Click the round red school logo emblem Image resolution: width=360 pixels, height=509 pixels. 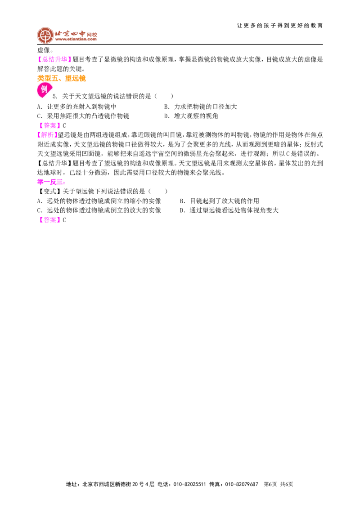coord(45,35)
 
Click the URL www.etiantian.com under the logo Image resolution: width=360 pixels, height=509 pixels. coord(76,39)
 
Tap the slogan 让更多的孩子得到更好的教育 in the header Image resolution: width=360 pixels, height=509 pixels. coord(280,26)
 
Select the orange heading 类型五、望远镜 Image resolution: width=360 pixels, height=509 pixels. coord(61,78)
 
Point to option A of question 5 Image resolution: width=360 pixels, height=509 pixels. coord(76,107)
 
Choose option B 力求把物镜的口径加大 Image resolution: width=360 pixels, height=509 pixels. coord(200,107)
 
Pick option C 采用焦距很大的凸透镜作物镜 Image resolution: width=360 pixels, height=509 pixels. coord(83,116)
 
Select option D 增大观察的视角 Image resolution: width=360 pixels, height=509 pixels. coord(191,116)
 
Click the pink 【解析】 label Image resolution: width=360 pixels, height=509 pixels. coord(47,135)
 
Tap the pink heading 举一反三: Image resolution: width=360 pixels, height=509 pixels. coord(51,182)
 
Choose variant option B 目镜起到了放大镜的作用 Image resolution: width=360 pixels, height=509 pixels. coord(220,201)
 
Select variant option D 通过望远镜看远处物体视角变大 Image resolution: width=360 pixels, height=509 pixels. coord(229,210)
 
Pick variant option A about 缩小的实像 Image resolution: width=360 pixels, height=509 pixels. coord(99,201)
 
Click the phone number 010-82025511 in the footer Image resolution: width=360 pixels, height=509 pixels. coord(190,484)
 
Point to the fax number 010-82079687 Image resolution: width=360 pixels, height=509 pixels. coord(242,484)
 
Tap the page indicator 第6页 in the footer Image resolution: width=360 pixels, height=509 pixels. coord(270,484)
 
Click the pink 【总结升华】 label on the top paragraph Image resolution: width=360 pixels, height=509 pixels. coord(54,59)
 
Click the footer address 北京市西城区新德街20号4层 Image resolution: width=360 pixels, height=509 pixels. coord(119,484)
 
